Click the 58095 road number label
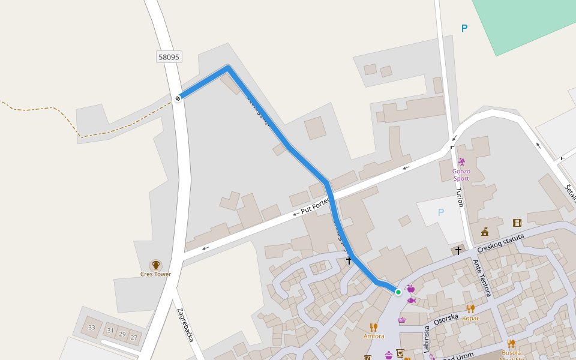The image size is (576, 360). pyautogui.click(x=169, y=57)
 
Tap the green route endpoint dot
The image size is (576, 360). pyautogui.click(x=398, y=292)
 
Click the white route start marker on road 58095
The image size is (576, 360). pyautogui.click(x=178, y=98)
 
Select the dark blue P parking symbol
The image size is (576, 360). pyautogui.click(x=464, y=28)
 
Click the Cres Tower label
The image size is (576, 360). pyautogui.click(x=155, y=274)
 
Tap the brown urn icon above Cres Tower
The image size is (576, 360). pyautogui.click(x=156, y=265)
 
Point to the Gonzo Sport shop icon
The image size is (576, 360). pyautogui.click(x=461, y=161)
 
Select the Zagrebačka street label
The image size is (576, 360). pyautogui.click(x=185, y=325)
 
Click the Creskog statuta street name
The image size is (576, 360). pyautogui.click(x=500, y=242)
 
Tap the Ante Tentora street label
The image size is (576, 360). pyautogui.click(x=482, y=278)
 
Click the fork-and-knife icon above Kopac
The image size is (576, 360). pyautogui.click(x=471, y=308)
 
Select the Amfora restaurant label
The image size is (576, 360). pyautogui.click(x=374, y=336)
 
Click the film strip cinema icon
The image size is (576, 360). pyautogui.click(x=517, y=223)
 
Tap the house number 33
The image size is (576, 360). pyautogui.click(x=92, y=328)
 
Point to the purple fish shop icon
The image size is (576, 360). pyautogui.click(x=411, y=300)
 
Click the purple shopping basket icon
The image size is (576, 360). pyautogui.click(x=401, y=320)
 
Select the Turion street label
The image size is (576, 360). pyautogui.click(x=460, y=196)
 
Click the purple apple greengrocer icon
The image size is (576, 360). pyautogui.click(x=410, y=289)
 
